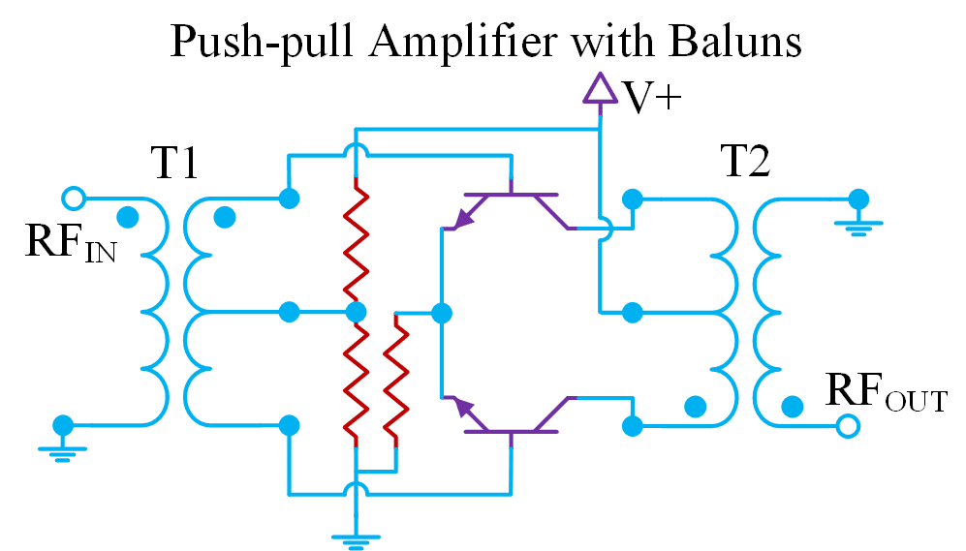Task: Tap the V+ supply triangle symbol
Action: click(x=600, y=89)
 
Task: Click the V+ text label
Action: click(x=649, y=98)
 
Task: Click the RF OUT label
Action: click(x=885, y=392)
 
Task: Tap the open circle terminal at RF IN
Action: click(x=72, y=199)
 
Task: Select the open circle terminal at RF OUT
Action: click(x=849, y=425)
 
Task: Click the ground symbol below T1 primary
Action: click(x=63, y=448)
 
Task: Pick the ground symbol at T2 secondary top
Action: click(x=857, y=222)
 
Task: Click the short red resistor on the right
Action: click(x=395, y=378)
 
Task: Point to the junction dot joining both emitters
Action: click(x=442, y=313)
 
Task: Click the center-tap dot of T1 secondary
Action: click(x=288, y=312)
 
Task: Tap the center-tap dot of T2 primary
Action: click(x=632, y=313)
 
